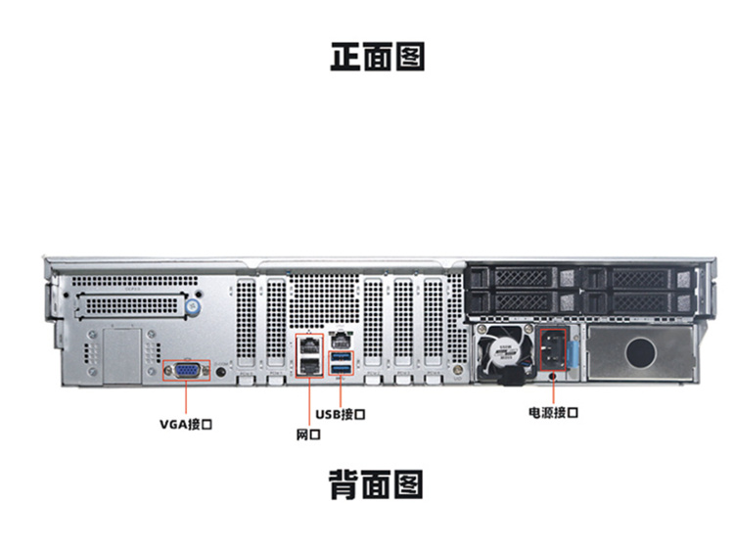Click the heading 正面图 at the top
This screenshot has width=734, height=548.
click(377, 57)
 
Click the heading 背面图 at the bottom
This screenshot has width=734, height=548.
click(377, 482)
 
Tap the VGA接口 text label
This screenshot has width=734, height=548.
click(186, 425)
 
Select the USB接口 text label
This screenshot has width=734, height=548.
click(341, 415)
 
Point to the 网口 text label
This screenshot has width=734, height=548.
click(307, 434)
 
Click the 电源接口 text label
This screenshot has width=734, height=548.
click(553, 413)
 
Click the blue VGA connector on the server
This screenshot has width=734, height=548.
click(186, 370)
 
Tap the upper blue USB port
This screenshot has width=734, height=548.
click(340, 357)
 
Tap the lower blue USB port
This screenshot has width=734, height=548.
click(340, 370)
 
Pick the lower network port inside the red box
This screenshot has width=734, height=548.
click(309, 367)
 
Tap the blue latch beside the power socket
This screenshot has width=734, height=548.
click(575, 349)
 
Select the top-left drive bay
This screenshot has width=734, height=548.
click(519, 279)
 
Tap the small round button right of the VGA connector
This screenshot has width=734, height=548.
click(223, 371)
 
